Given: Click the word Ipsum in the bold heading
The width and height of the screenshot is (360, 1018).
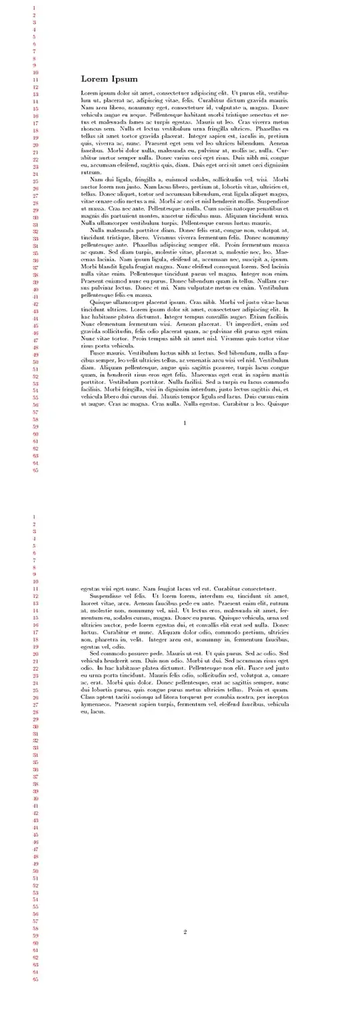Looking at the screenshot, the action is (125, 79).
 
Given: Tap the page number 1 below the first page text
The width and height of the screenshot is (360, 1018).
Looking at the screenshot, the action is (185, 423).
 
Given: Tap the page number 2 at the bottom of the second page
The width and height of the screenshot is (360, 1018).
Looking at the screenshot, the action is (185, 931).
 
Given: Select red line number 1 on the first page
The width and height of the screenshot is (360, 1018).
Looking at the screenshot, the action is (34, 8).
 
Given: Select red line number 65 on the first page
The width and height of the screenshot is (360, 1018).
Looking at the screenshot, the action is (35, 470).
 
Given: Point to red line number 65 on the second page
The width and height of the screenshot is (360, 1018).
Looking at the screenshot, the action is (35, 979).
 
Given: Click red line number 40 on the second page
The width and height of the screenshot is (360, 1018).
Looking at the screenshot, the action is (35, 799).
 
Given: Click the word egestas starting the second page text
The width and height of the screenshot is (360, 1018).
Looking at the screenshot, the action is (91, 589).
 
